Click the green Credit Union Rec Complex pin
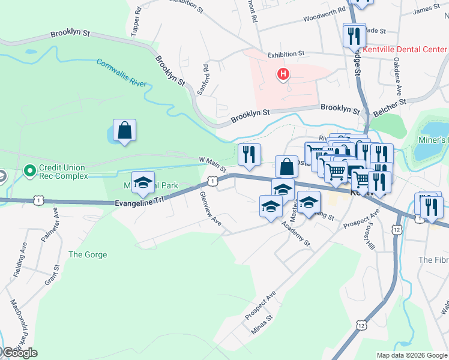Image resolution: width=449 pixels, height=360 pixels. tap(29, 172)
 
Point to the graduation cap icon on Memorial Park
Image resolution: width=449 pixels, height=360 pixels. tap(143, 183)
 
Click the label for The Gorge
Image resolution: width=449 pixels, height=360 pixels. tap(88, 255)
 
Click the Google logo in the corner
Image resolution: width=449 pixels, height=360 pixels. tap(19, 353)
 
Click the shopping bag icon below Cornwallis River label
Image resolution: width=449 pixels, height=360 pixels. tap(124, 130)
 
